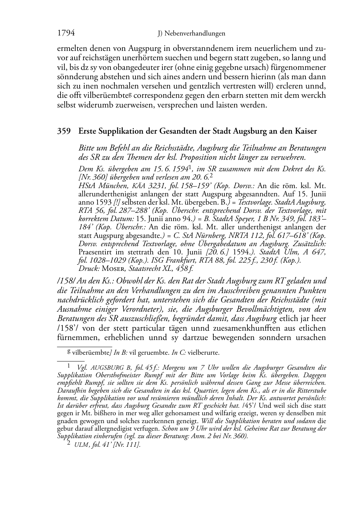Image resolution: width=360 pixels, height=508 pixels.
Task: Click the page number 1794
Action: [66, 33]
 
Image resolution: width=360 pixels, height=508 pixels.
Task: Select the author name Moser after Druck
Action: [114, 269]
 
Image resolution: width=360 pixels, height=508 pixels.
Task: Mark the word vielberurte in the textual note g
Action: [203, 353]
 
